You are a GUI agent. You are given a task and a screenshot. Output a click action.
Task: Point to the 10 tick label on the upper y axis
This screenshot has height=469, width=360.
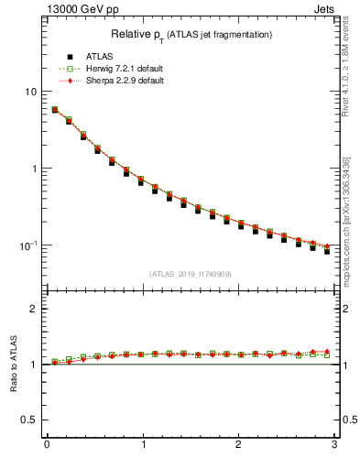pyautogui.click(x=31, y=93)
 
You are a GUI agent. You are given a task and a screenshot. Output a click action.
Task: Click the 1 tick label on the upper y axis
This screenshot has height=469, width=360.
pyautogui.click(x=34, y=169)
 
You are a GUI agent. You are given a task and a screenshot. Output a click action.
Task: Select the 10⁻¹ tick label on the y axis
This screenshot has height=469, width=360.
pyautogui.click(x=28, y=245)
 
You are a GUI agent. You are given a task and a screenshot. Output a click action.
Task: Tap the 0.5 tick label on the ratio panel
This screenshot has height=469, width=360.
pyautogui.click(x=30, y=420)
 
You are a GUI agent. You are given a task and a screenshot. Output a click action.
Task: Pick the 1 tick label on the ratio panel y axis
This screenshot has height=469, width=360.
pyautogui.click(x=34, y=365)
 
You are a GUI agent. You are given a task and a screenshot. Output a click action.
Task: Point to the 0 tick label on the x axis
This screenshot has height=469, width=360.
pyautogui.click(x=47, y=446)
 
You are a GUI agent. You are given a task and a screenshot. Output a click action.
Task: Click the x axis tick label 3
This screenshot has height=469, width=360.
pyautogui.click(x=333, y=446)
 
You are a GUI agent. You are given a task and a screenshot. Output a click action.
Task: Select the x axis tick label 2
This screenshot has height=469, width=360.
pyautogui.click(x=238, y=446)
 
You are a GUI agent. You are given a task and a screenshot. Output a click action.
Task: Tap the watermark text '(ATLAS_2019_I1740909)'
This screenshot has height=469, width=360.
pyautogui.click(x=191, y=274)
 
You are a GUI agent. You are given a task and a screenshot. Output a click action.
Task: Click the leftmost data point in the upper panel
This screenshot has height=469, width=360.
pyautogui.click(x=55, y=110)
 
